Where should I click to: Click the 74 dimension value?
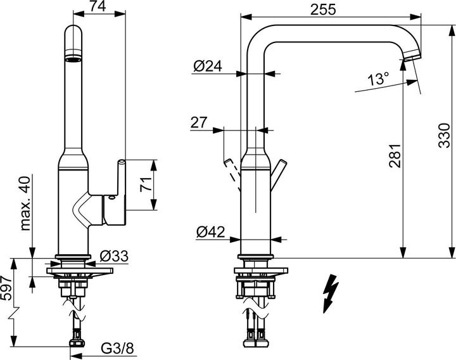tap(96, 7)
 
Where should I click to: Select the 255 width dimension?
tap(323, 9)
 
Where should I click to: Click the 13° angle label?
tap(378, 79)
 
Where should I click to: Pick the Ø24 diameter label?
tap(207, 65)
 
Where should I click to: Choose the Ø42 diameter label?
tap(210, 233)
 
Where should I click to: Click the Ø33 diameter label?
tap(115, 257)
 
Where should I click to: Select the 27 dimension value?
tap(199, 122)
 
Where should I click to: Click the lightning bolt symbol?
tap(330, 293)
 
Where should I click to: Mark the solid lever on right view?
tap(277, 173)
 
